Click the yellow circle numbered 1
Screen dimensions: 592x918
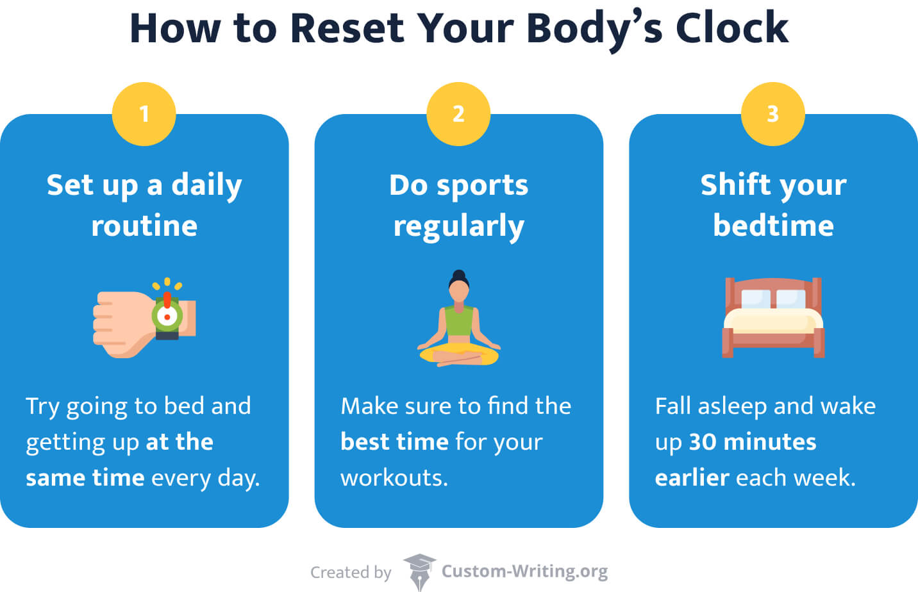click(144, 114)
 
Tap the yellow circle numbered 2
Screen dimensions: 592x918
click(458, 114)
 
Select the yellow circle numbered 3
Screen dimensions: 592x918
click(772, 114)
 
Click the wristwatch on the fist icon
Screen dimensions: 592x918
click(167, 315)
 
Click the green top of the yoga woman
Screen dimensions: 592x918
click(458, 321)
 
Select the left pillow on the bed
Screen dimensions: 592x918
click(755, 299)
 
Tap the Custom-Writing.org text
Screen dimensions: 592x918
click(524, 571)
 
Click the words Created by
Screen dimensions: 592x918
click(351, 572)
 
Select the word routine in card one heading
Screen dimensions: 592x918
click(144, 226)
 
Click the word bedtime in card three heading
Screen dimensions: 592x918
click(773, 226)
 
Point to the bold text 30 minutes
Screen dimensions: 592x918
click(753, 442)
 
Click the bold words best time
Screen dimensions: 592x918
click(394, 442)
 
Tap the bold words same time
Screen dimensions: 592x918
click(85, 478)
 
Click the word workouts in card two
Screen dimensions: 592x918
click(394, 478)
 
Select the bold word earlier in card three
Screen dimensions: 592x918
click(692, 478)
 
